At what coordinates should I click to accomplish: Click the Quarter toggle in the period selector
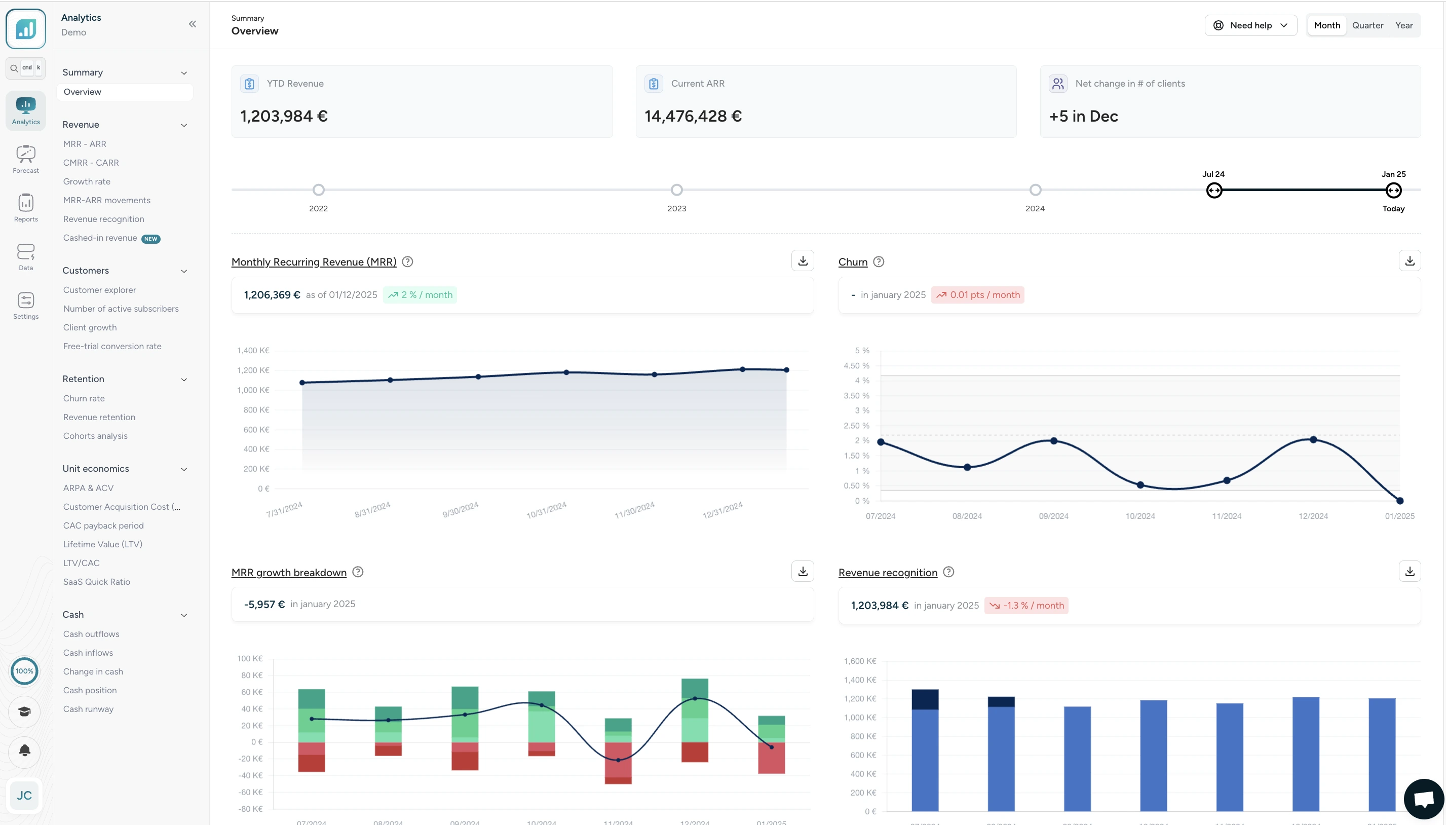1367,25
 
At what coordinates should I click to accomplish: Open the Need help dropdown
1250,25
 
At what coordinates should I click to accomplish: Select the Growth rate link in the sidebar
87,181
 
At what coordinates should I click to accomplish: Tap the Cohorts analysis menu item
95,436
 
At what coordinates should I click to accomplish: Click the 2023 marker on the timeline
676,191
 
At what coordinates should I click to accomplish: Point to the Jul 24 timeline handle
1213,191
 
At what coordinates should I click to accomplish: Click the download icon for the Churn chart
1409,260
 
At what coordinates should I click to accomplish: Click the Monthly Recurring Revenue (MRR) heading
314,262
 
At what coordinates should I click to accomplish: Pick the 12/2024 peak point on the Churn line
1313,440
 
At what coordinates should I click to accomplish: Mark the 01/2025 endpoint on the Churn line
1399,501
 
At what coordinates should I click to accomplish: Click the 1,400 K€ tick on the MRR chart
253,351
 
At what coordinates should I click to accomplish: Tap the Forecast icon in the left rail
26,159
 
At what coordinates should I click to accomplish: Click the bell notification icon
24,752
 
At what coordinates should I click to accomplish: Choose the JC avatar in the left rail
24,796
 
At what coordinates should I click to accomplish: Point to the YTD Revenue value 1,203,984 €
284,117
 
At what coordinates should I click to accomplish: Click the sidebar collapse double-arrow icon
193,24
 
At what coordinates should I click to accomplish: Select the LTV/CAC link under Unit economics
81,562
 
